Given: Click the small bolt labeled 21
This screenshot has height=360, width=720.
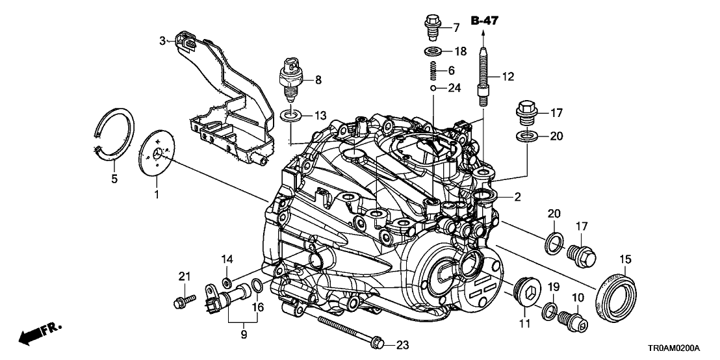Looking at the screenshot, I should click(x=183, y=300).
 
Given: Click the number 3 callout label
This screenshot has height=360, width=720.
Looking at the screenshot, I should click(x=163, y=40).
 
